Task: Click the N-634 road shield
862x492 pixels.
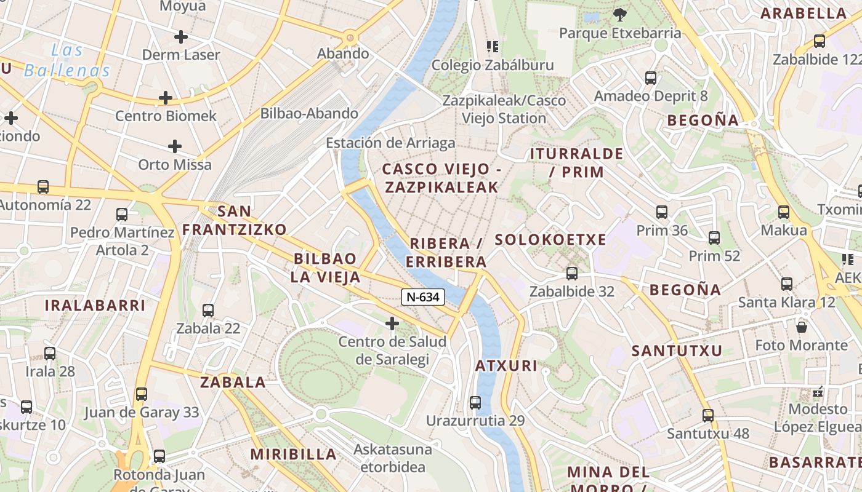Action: pos(423,297)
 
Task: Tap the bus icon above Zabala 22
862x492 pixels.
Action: pos(208,311)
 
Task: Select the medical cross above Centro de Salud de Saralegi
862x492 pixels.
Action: pos(392,323)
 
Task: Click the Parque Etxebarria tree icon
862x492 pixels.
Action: pos(619,15)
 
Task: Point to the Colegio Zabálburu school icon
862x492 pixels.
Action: pos(492,47)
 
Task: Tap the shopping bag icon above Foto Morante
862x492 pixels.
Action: pos(801,327)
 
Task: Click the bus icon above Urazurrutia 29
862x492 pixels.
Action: pos(475,403)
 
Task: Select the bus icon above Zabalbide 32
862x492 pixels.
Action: pos(572,274)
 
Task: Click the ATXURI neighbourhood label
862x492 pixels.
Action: pos(506,366)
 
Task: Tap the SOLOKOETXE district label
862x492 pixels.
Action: pos(550,240)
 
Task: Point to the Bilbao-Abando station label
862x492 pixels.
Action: pos(309,113)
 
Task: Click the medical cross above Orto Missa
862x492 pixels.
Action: pos(175,146)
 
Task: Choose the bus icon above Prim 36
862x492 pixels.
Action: pos(662,212)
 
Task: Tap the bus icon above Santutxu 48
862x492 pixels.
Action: pos(708,415)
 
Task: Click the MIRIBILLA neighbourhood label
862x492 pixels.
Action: pos(294,454)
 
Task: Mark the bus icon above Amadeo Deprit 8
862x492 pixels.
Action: pos(651,78)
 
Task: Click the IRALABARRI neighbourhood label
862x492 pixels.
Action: pos(95,305)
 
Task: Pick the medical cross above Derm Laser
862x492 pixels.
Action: pos(180,37)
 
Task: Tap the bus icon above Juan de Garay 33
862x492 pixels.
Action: pos(142,394)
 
